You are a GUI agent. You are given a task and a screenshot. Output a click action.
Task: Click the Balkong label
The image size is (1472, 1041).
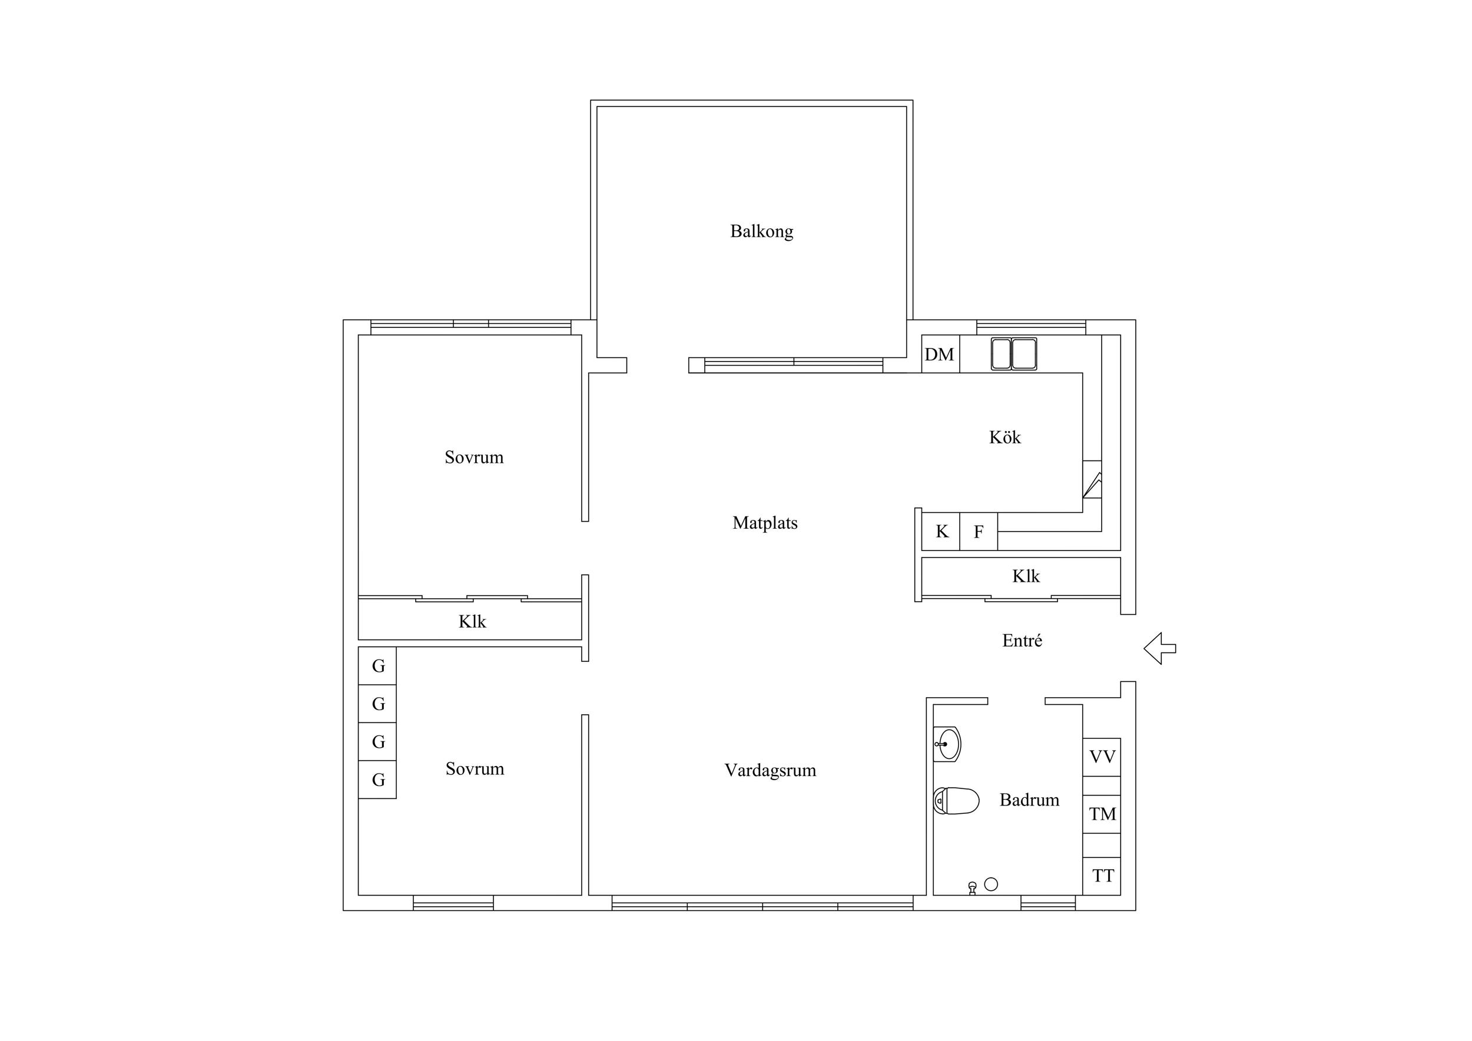pyautogui.click(x=762, y=231)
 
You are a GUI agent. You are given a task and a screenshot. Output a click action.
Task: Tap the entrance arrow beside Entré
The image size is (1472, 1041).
pyautogui.click(x=1159, y=648)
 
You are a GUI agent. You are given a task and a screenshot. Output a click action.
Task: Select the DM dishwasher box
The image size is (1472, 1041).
pyautogui.click(x=940, y=354)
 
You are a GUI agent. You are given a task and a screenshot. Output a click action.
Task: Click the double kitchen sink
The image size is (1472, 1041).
pyautogui.click(x=1013, y=354)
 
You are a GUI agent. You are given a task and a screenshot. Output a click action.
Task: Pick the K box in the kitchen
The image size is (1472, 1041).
pyautogui.click(x=940, y=532)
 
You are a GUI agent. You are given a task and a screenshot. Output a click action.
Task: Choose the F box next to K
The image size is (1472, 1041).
pyautogui.click(x=979, y=532)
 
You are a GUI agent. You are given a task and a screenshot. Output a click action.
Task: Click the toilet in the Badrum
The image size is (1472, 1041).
pyautogui.click(x=956, y=801)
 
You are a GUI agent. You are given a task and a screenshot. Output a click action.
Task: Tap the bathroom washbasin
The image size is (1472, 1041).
pyautogui.click(x=947, y=744)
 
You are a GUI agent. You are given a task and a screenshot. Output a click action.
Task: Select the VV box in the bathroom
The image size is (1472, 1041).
pyautogui.click(x=1102, y=757)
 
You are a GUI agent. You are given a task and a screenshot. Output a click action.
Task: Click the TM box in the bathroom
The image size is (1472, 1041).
pyautogui.click(x=1102, y=814)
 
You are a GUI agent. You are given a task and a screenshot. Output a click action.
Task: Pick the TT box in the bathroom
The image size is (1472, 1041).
pyautogui.click(x=1102, y=876)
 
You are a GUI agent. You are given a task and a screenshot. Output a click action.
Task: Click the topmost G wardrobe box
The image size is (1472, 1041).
pyautogui.click(x=377, y=666)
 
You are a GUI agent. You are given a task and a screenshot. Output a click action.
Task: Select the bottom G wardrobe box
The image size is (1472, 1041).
pyautogui.click(x=377, y=780)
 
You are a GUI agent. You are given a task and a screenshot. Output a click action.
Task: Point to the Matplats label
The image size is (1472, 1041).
pyautogui.click(x=765, y=523)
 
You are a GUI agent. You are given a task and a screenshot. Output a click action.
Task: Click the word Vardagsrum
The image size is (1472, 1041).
pyautogui.click(x=770, y=771)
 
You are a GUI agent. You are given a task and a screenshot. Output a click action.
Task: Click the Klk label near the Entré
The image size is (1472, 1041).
pyautogui.click(x=1026, y=576)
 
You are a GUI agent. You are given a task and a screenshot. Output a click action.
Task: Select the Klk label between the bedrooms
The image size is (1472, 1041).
pyautogui.click(x=472, y=622)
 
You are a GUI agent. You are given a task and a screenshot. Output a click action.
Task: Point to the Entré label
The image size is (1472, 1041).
pyautogui.click(x=1022, y=641)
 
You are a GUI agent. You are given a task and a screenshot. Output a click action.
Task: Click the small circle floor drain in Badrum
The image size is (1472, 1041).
pyautogui.click(x=990, y=884)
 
